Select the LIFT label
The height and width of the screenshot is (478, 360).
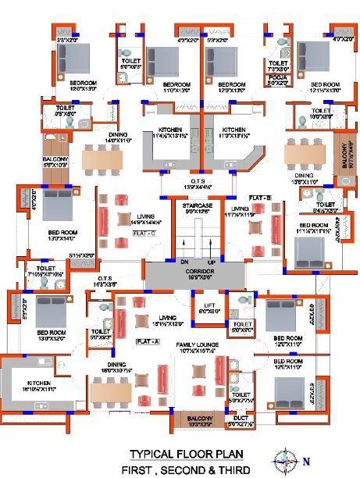coord(209,305)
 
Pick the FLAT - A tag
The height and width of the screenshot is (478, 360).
coord(148,341)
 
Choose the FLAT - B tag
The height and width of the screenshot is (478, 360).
coord(261,198)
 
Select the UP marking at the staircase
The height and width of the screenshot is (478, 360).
coord(211,262)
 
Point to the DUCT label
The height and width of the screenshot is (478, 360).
coord(240,419)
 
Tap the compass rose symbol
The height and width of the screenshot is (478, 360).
coord(287,460)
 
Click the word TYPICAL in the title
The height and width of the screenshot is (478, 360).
coord(148,454)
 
